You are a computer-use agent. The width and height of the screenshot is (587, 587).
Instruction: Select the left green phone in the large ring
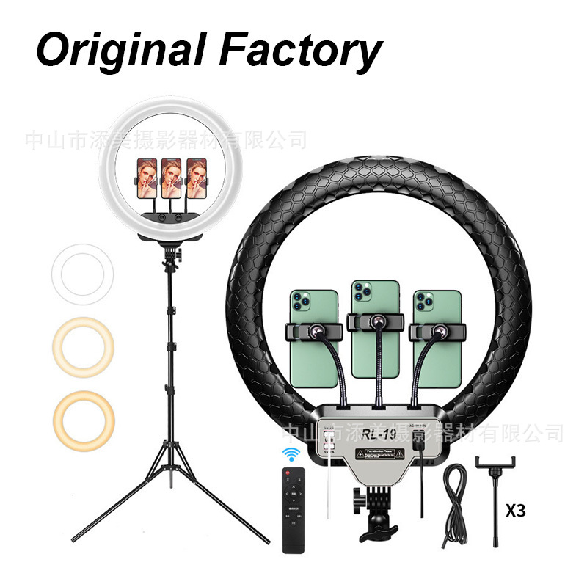313,341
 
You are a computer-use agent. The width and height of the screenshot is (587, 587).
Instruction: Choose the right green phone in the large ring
437,341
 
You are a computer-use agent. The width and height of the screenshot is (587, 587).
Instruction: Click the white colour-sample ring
82,274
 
